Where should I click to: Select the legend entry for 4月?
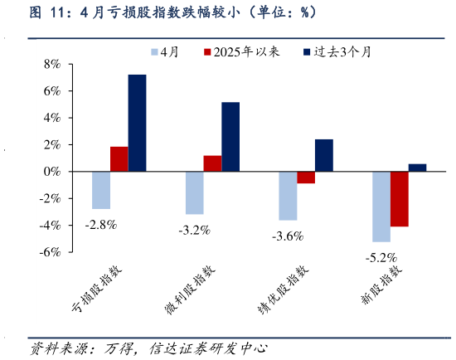coord(165,52)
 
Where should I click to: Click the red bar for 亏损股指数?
coord(119,159)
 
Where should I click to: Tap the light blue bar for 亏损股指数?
coord(101,190)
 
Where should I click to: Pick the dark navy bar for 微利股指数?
coord(230,137)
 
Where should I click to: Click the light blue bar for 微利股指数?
coord(195,192)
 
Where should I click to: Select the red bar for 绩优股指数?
coord(306,178)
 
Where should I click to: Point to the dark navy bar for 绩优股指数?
coord(324,155)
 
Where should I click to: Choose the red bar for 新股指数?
coord(400,199)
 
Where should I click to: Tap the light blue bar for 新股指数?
coord(381,207)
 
